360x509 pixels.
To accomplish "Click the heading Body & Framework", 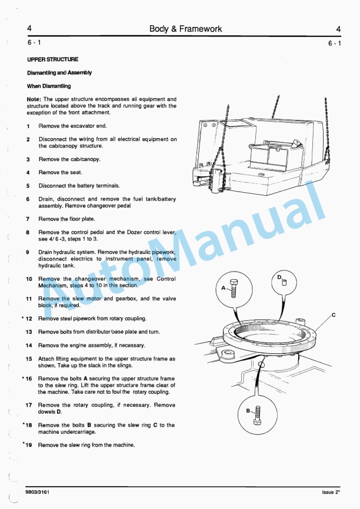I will (185, 28).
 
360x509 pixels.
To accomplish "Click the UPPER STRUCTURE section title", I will (52, 59).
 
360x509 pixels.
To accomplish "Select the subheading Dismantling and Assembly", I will (59, 73).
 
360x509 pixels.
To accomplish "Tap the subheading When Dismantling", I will (49, 86).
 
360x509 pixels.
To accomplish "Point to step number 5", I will (28, 186).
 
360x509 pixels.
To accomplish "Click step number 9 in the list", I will (28, 252).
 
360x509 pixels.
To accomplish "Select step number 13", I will (29, 332).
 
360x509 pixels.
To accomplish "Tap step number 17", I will (29, 405).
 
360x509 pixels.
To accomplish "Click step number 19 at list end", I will (29, 445).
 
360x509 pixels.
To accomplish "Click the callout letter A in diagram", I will (224, 289).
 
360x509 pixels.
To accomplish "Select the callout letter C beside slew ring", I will (334, 315).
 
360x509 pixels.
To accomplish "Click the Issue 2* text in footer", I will (332, 492).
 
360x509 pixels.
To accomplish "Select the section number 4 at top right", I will (338, 28).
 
